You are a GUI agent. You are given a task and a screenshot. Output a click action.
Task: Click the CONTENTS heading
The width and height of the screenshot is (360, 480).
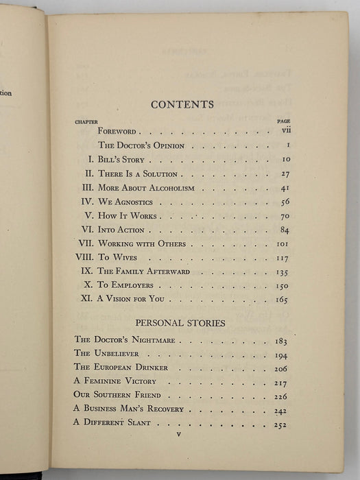click(182, 104)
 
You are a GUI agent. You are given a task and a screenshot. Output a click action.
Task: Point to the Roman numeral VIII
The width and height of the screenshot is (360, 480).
click(84, 257)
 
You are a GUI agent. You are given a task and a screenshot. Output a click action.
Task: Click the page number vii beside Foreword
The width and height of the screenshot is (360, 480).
click(285, 130)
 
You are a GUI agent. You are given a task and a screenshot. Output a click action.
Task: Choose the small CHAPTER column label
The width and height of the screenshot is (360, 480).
click(86, 121)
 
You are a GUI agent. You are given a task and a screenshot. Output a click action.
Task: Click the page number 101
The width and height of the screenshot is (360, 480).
click(280, 243)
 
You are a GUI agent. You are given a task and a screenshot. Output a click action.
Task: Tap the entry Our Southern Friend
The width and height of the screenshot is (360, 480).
click(116, 394)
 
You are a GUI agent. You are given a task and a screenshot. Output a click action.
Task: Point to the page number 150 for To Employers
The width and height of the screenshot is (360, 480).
click(280, 285)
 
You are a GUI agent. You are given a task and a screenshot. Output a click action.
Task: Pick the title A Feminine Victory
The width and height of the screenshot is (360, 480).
click(115, 381)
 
